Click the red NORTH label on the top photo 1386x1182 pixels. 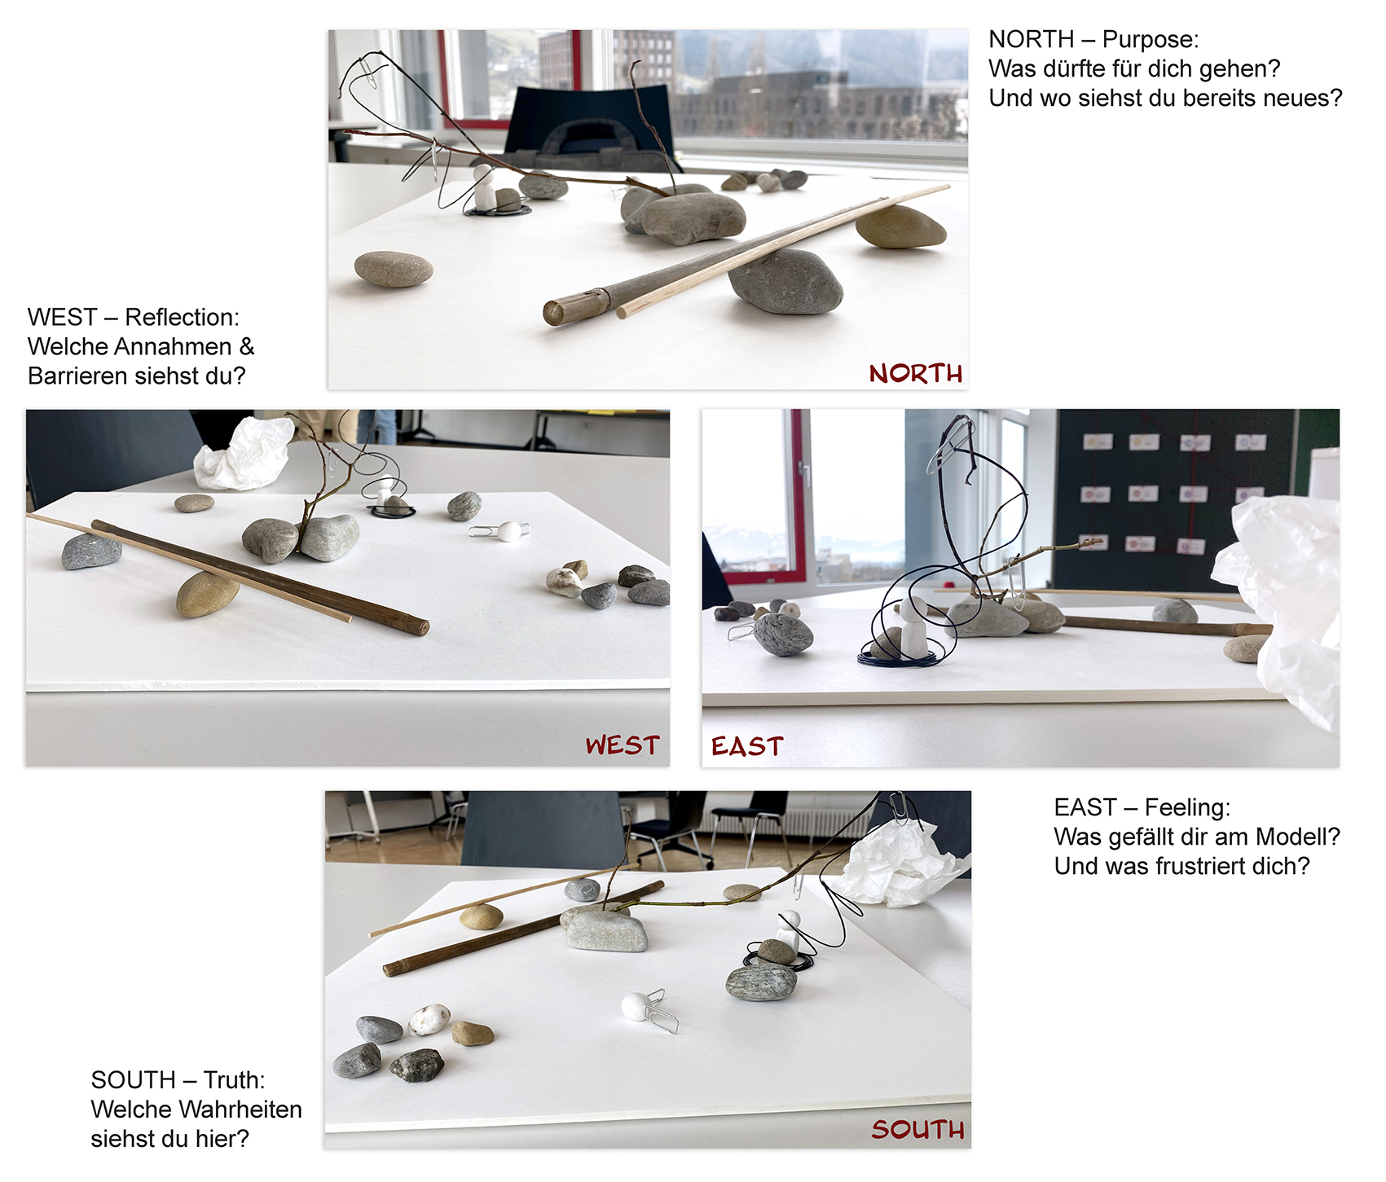(x=916, y=373)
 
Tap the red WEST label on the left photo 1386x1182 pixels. (x=623, y=745)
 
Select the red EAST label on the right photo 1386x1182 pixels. (x=747, y=746)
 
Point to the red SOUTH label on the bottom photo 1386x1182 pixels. (x=917, y=1129)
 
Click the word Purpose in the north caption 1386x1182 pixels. (x=1151, y=39)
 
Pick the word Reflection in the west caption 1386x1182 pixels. (x=182, y=317)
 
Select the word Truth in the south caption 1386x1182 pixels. (x=234, y=1079)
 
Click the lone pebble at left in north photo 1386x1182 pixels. (x=394, y=269)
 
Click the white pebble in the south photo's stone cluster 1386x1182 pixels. (x=429, y=1020)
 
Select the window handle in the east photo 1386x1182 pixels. (x=806, y=474)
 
